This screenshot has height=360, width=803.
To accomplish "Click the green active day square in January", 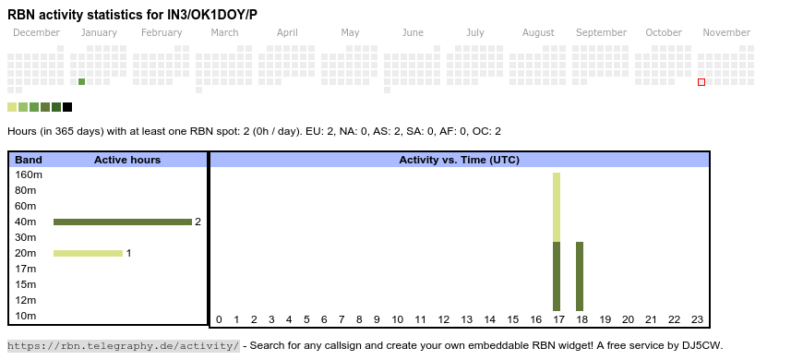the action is click(82, 82).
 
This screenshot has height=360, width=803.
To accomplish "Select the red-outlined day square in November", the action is click(701, 82).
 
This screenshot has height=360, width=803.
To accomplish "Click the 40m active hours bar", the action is click(123, 222).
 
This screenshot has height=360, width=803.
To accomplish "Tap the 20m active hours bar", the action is click(88, 253).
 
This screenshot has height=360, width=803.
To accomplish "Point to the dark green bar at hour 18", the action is click(580, 277).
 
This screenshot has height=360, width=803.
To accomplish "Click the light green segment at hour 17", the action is click(557, 208).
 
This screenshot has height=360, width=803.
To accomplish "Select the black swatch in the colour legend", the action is click(67, 107).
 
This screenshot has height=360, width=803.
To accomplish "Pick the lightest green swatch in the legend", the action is click(12, 107).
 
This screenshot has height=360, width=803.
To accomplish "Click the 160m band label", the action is click(29, 174).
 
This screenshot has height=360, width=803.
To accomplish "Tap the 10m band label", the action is click(26, 316).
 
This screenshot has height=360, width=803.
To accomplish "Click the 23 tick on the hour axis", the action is click(697, 319).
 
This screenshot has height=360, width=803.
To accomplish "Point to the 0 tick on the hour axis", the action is click(219, 319).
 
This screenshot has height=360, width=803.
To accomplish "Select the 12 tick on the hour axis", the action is click(443, 319).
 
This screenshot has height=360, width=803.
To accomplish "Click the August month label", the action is click(538, 33).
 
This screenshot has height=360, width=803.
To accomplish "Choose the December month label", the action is click(36, 32).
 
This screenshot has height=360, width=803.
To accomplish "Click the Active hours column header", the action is click(127, 160).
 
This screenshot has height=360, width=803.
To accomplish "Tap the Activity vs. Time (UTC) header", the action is click(460, 160).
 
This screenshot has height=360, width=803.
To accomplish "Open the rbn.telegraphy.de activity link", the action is click(124, 345).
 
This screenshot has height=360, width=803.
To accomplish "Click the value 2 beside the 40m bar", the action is click(198, 222).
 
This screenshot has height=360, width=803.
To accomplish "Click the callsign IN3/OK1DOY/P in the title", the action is click(212, 15).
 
